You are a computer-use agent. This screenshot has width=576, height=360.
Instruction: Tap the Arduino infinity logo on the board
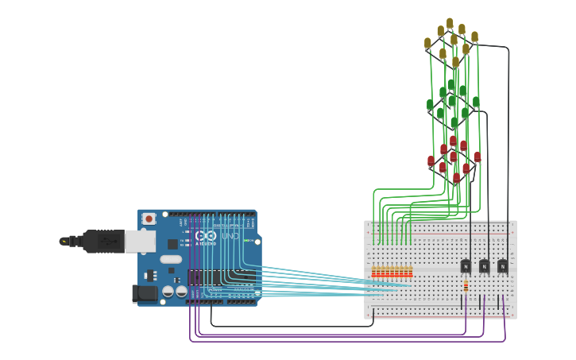[x=205, y=236]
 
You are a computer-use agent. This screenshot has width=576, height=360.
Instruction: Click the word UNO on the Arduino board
[x=230, y=236]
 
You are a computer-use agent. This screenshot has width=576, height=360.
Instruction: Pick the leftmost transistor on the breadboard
[x=466, y=265]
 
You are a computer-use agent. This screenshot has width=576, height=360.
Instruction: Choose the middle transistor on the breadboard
[x=485, y=265]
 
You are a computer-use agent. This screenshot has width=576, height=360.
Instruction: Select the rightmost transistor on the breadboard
[x=503, y=265]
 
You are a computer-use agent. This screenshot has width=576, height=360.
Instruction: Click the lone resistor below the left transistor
[x=466, y=288]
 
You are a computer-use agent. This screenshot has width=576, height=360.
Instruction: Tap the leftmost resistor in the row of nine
[x=373, y=272]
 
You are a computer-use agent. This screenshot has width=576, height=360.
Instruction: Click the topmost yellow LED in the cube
[x=450, y=23]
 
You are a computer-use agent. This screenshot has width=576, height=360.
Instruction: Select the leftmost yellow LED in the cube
[x=427, y=42]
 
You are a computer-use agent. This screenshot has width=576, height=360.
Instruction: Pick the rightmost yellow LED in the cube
[x=474, y=37]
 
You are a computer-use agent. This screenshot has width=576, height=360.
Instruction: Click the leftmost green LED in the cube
[x=430, y=104]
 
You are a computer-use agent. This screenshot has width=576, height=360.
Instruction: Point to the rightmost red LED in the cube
[x=477, y=157]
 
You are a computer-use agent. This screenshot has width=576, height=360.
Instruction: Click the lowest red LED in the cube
[x=456, y=177]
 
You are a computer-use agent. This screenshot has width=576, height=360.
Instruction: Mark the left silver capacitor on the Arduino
[x=168, y=292]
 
